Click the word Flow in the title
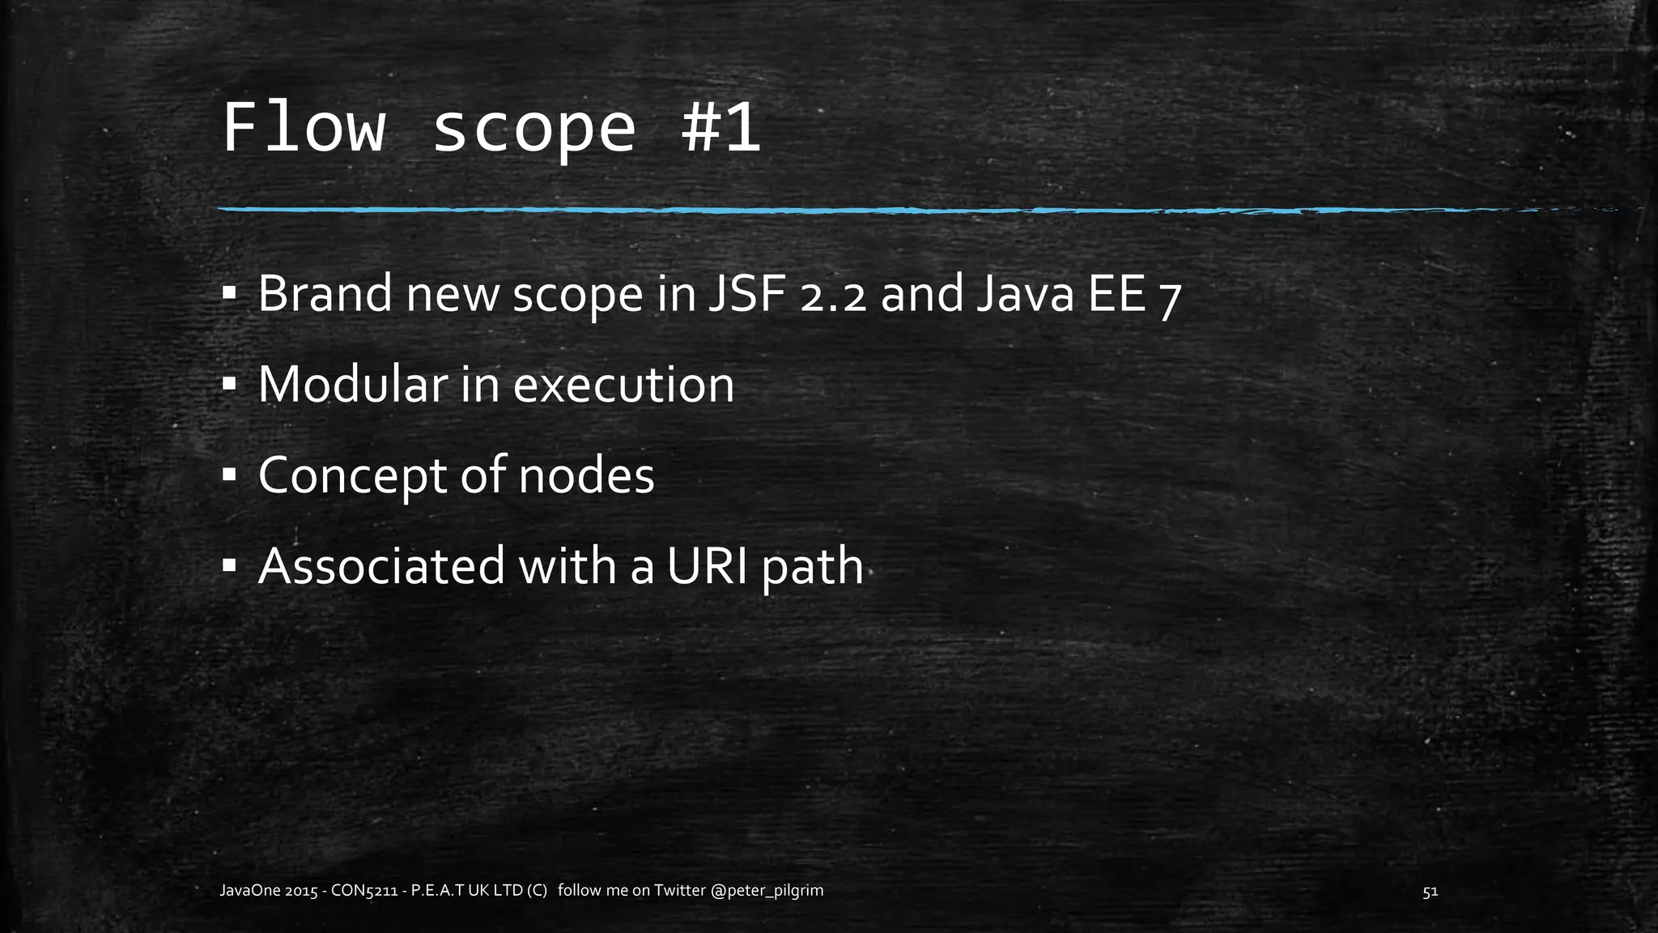coord(303,128)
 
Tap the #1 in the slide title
coord(721,128)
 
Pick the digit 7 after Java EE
coord(1167,298)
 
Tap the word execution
coord(623,385)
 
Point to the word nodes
coord(586,475)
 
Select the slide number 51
coord(1430,892)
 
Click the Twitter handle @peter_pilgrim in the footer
coord(767,891)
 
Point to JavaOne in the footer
coord(250,891)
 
